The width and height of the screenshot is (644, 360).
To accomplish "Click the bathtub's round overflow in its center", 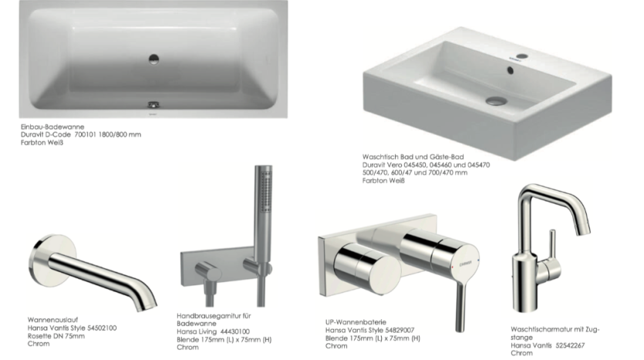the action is point(154,59).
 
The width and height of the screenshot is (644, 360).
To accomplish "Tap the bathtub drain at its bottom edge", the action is point(154,105).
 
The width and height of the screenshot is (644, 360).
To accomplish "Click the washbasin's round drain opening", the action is point(496,100).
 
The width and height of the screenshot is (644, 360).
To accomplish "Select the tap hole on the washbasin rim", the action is point(521,56).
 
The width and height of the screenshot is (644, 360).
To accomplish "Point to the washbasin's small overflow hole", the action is point(511,71).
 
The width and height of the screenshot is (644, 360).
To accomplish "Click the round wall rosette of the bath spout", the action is point(52,261).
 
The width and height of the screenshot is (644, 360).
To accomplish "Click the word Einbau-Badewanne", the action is point(52,127).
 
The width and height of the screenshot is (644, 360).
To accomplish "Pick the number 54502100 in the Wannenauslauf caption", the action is point(102,328).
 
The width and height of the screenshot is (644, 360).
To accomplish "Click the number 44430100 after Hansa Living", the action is point(235,331).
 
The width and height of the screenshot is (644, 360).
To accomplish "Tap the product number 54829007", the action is point(400,330).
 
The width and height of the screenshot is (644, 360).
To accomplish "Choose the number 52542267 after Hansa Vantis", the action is point(570,345).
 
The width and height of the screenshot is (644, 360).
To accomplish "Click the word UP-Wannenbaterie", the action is point(356,322).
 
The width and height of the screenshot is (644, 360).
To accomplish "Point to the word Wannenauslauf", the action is point(52,320).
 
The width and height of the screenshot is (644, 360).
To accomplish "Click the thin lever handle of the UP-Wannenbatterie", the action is point(460,307).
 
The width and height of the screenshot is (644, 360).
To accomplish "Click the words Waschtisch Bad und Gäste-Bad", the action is point(413,156).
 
